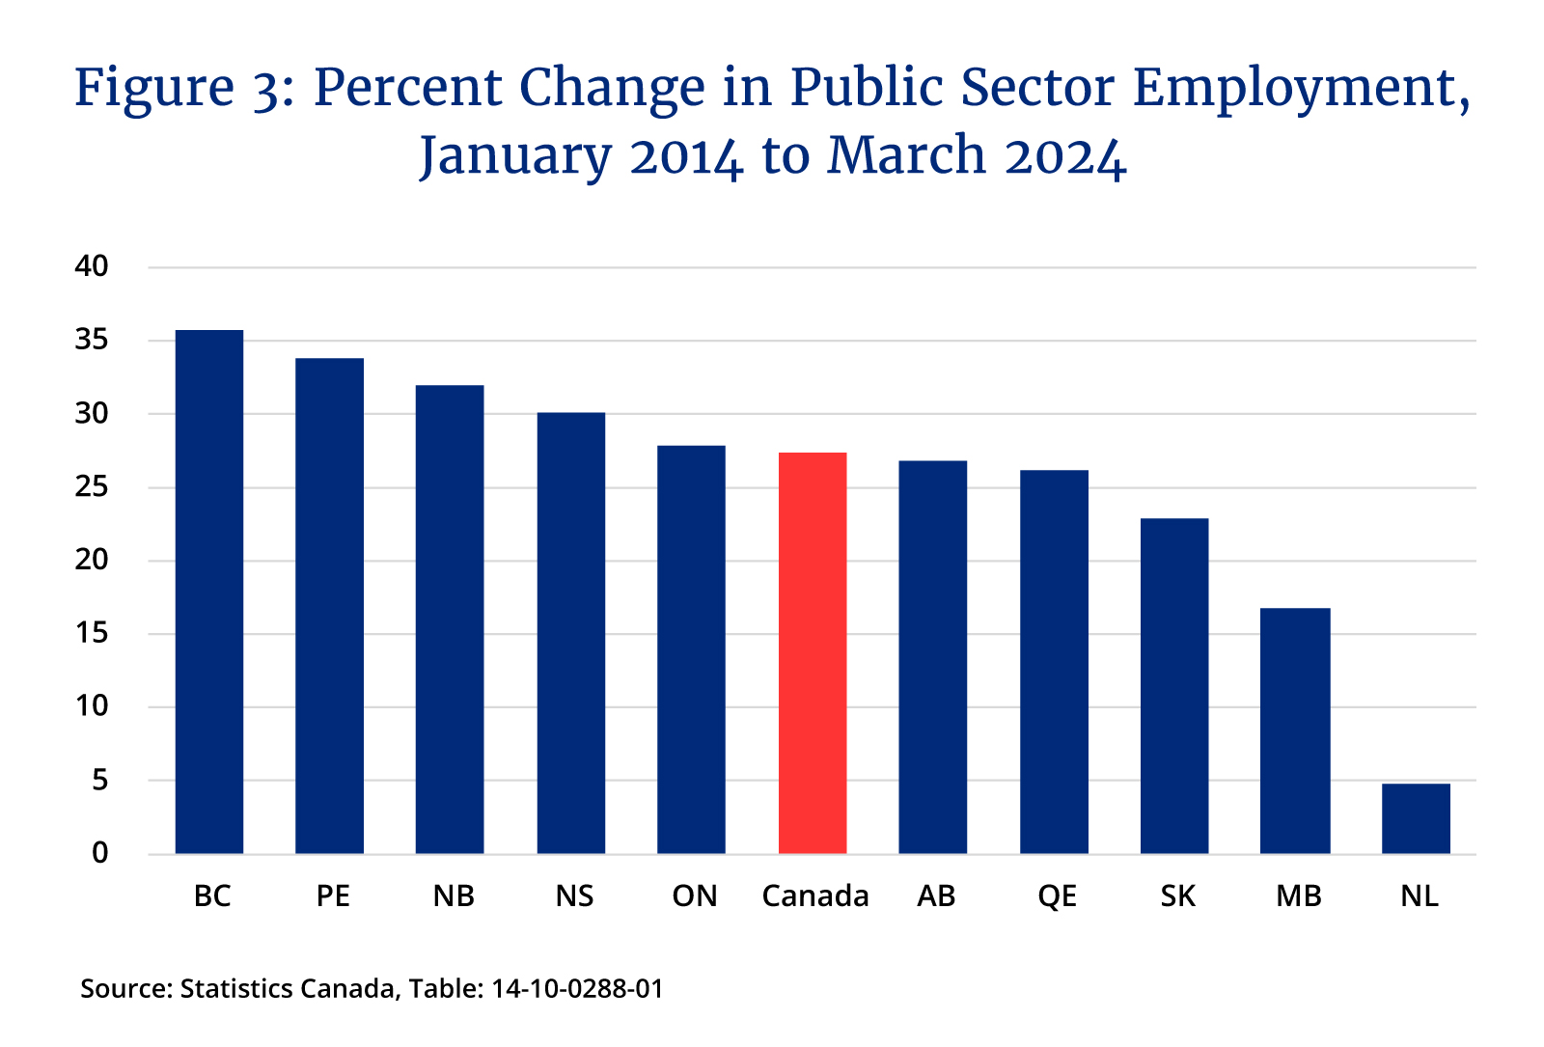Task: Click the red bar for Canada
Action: (813, 653)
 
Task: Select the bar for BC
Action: (208, 592)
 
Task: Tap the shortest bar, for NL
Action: (1416, 818)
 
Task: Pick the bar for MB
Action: (1295, 730)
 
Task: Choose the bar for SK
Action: (1174, 686)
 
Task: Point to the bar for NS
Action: (571, 633)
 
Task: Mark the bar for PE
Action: (329, 606)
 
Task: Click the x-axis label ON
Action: (695, 896)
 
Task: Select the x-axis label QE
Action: (1057, 896)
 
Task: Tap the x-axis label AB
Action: (936, 896)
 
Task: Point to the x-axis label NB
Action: (454, 896)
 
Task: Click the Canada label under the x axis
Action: (815, 896)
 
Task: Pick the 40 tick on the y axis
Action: (92, 266)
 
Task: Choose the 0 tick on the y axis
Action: (100, 853)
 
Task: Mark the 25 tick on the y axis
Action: (92, 487)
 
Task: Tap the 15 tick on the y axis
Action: (92, 634)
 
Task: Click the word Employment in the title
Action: (1301, 89)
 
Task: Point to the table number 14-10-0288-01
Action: (577, 989)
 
